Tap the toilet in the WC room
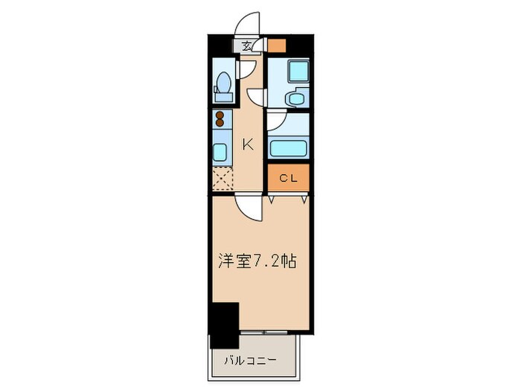point(222,88)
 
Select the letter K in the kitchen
point(248,144)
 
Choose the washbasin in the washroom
point(295,98)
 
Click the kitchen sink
point(220,151)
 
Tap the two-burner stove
point(220,120)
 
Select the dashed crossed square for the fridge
point(222,179)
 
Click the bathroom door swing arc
point(275,121)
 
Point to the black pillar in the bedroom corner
point(223,325)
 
